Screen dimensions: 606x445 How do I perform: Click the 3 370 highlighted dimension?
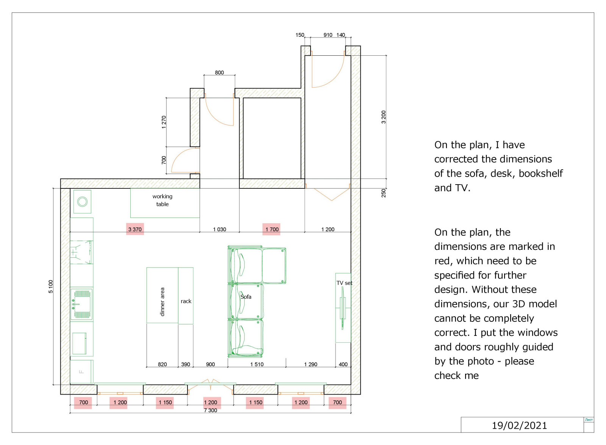click(135, 229)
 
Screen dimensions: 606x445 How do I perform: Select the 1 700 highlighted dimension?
click(272, 229)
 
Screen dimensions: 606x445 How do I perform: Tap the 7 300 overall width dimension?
click(211, 411)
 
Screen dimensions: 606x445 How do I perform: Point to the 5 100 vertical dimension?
click(51, 287)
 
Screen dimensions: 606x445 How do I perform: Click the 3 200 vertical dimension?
click(384, 117)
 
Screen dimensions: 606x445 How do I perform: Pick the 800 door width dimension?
click(219, 72)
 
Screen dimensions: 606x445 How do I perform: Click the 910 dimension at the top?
click(328, 35)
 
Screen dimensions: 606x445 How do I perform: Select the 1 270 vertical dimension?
click(164, 122)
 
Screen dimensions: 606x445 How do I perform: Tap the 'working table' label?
click(162, 200)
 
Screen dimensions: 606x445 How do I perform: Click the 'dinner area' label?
click(162, 302)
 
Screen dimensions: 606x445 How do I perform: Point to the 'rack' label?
click(186, 301)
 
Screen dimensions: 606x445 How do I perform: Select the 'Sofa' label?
click(246, 297)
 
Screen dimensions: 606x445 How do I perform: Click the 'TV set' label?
click(344, 283)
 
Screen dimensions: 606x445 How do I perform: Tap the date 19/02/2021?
click(519, 426)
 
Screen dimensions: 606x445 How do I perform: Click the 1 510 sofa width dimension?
click(257, 364)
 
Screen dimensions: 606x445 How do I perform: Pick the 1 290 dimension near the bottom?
click(311, 364)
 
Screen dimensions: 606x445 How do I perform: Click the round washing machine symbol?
click(82, 202)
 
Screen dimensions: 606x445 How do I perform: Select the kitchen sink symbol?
click(81, 304)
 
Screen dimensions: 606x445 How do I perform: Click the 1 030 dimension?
click(219, 229)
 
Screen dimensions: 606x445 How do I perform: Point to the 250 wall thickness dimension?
click(384, 193)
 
